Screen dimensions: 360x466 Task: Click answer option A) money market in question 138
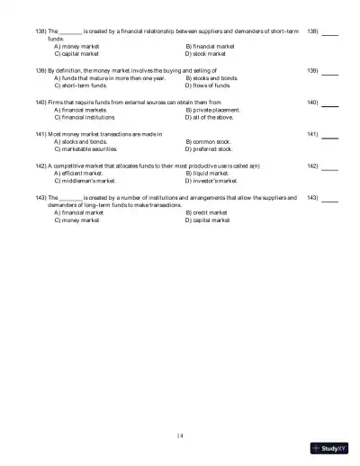pos(76,46)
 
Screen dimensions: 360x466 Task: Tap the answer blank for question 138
pos(330,32)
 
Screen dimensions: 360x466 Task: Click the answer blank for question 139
pos(330,71)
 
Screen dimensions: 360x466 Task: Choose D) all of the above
pos(211,117)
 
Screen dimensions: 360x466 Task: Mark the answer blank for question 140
pos(330,103)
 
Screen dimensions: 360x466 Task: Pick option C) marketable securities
pos(85,149)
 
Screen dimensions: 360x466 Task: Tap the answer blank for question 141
pos(330,136)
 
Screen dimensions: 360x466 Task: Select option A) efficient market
pos(78,174)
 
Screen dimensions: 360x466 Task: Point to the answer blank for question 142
pos(330,167)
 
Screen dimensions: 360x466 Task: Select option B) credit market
pos(206,212)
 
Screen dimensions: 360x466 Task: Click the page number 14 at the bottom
pos(180,435)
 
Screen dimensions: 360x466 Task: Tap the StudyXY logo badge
pos(330,448)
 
